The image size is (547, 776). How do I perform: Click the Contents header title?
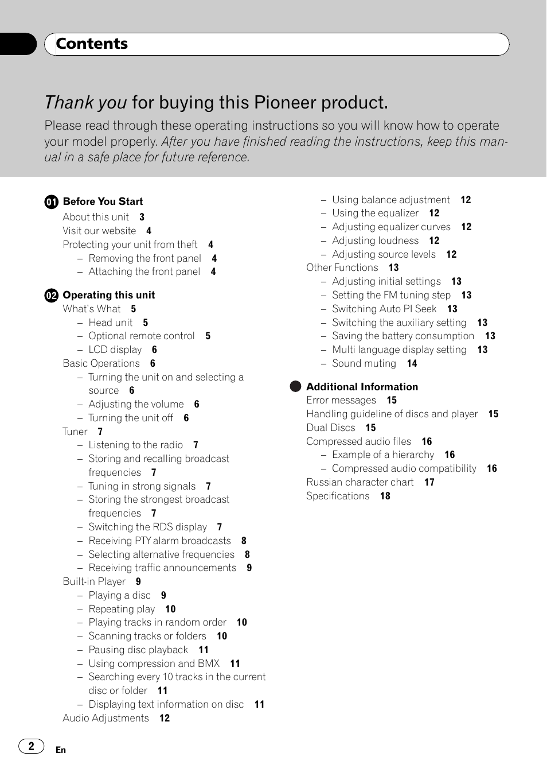pos(92,44)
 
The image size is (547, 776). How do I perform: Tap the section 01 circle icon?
pos(52,201)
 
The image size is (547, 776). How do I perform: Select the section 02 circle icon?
pos(52,296)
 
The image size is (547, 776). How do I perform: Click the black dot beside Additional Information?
pos(295,386)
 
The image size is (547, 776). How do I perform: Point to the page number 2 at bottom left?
pos(32,746)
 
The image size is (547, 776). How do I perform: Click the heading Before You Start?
pos(103,201)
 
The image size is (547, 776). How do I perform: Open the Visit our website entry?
pos(99,231)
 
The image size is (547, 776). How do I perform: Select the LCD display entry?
pos(115,350)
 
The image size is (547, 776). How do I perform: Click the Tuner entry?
pos(75,432)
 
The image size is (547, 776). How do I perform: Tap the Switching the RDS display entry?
pos(147,527)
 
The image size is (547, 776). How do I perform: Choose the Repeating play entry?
pos(122,609)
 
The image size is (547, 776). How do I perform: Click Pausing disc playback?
pos(138,650)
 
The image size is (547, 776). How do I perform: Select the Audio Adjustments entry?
pos(106,718)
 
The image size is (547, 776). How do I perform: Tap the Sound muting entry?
pos(364,363)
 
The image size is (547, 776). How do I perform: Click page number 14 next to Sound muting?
pos(412,363)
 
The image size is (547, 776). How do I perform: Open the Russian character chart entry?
pos(360,482)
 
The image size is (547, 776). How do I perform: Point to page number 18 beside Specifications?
pos(385,496)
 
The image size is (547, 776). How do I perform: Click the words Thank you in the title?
pos(85,103)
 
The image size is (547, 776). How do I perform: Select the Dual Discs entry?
pos(331,428)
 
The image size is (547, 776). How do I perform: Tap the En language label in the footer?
pos(61,750)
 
